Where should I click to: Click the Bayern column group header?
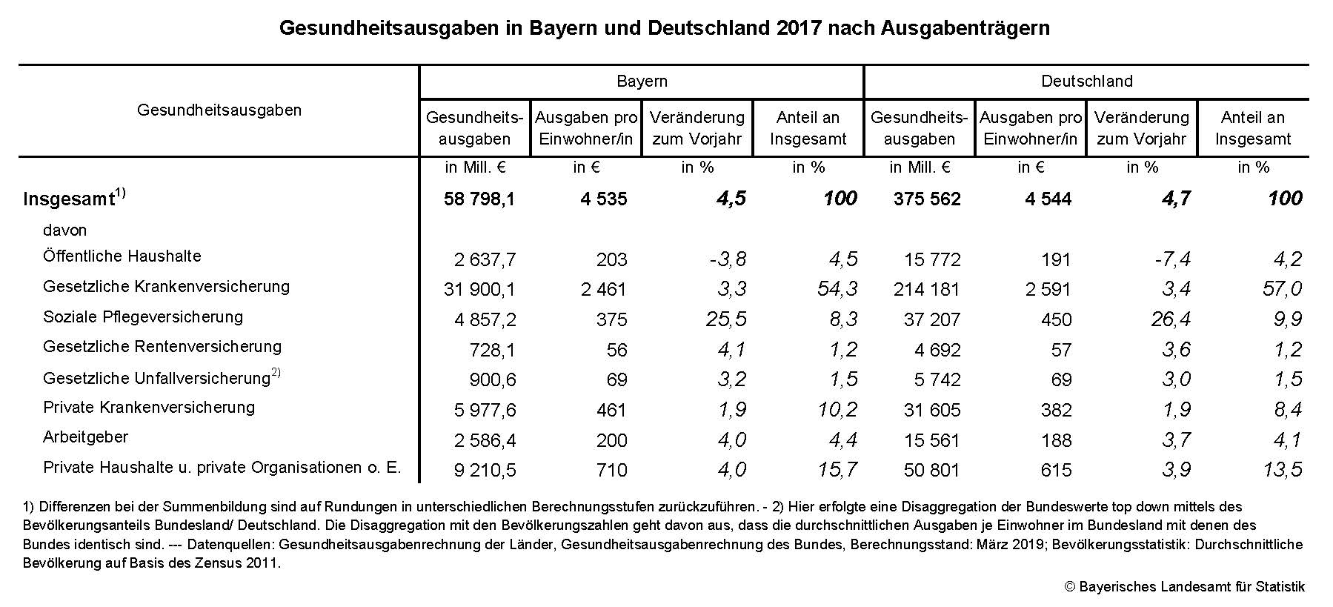tap(642, 82)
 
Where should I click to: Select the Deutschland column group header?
tap(1086, 82)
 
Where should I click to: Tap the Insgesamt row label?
tap(69, 199)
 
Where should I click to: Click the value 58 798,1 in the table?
tap(479, 199)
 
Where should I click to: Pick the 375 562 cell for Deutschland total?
tap(927, 199)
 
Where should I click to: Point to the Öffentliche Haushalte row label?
tap(122, 256)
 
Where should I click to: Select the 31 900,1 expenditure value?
tap(479, 289)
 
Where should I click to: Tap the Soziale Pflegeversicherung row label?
tap(143, 317)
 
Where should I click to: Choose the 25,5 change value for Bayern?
tap(725, 319)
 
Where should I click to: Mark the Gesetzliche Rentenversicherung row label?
tap(162, 347)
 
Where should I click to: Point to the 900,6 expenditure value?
tap(493, 380)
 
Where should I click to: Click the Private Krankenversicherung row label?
tap(149, 408)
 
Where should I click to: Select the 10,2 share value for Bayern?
tap(837, 410)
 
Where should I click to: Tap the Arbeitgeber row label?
tap(86, 437)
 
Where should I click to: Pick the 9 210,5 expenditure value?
tap(485, 470)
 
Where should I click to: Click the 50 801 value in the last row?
tap(931, 470)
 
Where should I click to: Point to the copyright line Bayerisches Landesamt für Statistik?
tap(1184, 587)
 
